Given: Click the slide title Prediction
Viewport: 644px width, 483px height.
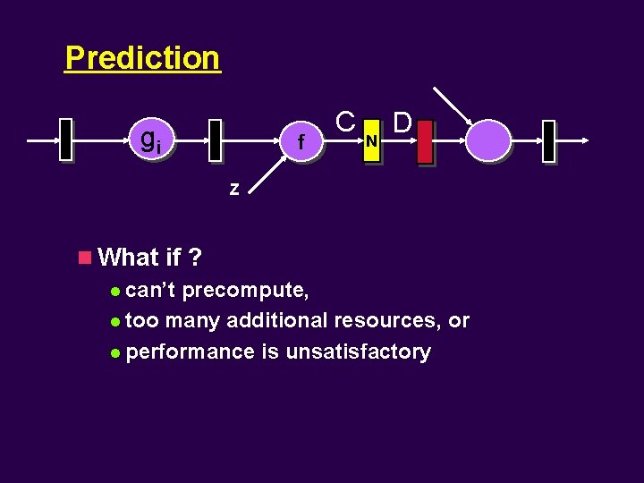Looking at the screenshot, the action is coord(142,58).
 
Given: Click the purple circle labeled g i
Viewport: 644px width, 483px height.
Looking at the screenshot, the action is coord(148,140).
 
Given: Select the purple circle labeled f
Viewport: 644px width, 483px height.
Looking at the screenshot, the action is coord(301,141).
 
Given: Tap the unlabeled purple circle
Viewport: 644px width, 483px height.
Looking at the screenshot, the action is coord(487,140).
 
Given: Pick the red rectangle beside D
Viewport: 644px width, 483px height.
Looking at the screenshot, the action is coord(424,141).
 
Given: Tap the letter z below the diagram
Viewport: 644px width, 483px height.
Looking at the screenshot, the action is coord(233,189).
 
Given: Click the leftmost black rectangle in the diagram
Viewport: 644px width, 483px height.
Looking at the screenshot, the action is coord(65,140).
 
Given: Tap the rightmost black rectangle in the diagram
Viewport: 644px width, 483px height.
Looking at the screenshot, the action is coord(548,141).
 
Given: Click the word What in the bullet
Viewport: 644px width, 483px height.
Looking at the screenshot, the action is coord(129,258).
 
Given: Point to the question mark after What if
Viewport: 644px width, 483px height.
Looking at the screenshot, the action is coord(195,258).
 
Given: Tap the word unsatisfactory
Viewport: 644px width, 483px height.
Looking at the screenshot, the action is coord(358,352).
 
